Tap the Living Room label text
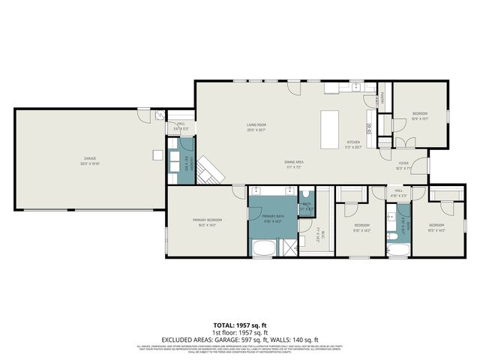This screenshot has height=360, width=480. click(x=257, y=126)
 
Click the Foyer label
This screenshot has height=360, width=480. click(x=403, y=163)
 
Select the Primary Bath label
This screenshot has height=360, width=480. click(x=272, y=218)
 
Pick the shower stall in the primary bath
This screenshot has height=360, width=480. click(x=288, y=247)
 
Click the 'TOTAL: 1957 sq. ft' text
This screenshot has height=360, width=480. click(x=239, y=326)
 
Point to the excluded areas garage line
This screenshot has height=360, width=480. click(x=239, y=339)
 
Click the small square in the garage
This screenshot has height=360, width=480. click(x=157, y=155)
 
